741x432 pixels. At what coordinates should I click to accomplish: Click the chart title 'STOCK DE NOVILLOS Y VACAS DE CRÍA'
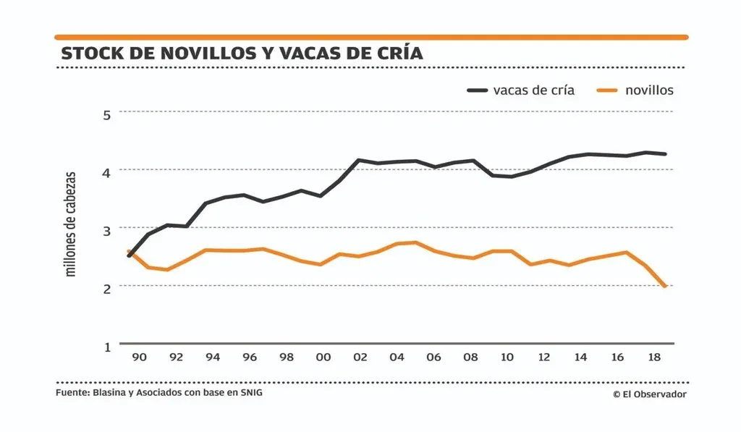click(242, 54)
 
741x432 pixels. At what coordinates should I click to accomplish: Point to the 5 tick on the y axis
click(107, 114)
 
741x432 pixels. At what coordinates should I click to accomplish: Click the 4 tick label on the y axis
click(107, 172)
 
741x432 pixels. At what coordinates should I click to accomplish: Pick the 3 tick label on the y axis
click(107, 230)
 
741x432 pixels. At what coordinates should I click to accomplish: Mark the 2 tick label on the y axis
click(107, 288)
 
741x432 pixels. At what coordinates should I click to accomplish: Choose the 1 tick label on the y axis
click(107, 347)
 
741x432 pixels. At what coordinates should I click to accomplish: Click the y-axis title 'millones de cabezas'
click(71, 224)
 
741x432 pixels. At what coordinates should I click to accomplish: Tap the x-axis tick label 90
click(140, 357)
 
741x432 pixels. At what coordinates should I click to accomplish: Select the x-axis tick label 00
click(323, 357)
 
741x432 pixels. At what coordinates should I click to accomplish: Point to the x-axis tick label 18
click(654, 357)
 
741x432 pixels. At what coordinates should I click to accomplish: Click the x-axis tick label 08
click(470, 357)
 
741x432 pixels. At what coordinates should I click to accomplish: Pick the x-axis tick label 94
click(213, 357)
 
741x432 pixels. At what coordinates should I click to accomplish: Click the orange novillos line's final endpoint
click(664, 287)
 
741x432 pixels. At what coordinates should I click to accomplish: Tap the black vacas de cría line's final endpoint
click(664, 154)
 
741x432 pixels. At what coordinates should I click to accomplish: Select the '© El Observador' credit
click(649, 394)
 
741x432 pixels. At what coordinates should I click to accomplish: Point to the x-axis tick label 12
click(544, 357)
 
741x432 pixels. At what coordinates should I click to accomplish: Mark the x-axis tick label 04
click(397, 357)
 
